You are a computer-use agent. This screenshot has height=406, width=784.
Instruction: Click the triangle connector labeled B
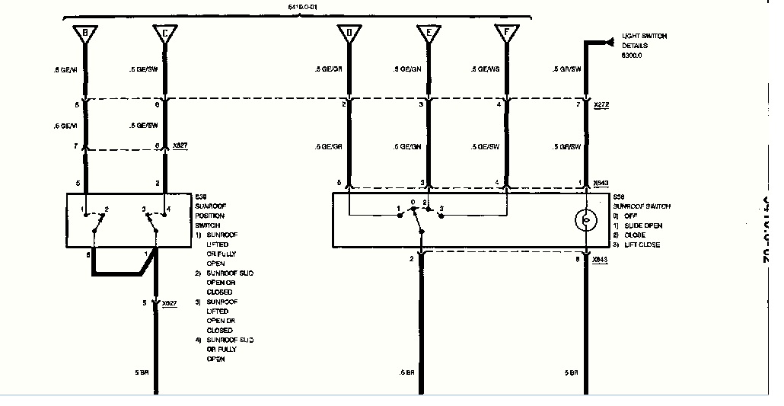pyautogui.click(x=85, y=34)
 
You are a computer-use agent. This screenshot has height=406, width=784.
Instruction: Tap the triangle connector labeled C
pyautogui.click(x=164, y=34)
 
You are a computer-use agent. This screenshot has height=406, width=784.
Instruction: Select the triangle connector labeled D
pyautogui.click(x=349, y=34)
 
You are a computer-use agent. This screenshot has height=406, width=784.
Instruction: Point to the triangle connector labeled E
pyautogui.click(x=429, y=34)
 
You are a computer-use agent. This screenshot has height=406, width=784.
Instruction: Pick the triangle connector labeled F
pyautogui.click(x=504, y=34)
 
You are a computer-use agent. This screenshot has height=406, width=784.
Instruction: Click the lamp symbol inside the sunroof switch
pyautogui.click(x=585, y=221)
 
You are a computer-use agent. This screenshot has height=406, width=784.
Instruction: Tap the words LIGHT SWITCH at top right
pyautogui.click(x=645, y=36)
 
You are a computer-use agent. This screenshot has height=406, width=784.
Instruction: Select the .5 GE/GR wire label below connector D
pyautogui.click(x=328, y=69)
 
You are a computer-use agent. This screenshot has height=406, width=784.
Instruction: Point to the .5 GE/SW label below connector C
pyautogui.click(x=143, y=69)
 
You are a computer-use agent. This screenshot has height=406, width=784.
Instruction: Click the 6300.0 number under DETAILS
pyautogui.click(x=633, y=56)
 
